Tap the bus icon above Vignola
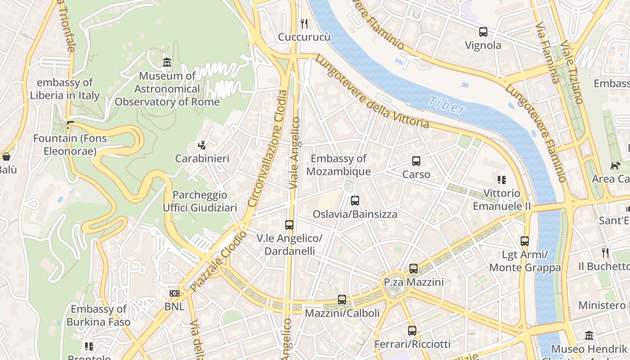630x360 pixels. pyautogui.click(x=483, y=32)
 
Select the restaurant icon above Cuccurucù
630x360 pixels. pyautogui.click(x=304, y=23)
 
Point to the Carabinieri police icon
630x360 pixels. pyautogui.click(x=202, y=145)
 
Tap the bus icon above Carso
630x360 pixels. pyautogui.click(x=416, y=161)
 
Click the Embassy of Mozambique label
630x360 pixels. pyautogui.click(x=338, y=165)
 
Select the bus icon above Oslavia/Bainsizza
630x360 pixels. pyautogui.click(x=355, y=201)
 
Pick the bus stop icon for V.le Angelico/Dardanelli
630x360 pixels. pyautogui.click(x=289, y=225)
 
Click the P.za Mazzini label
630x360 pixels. pyautogui.click(x=414, y=282)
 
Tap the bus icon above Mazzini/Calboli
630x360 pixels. pyautogui.click(x=342, y=300)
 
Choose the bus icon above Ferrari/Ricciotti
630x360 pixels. pyautogui.click(x=412, y=331)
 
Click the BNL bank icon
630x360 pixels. pyautogui.click(x=174, y=293)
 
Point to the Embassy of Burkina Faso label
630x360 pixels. pyautogui.click(x=99, y=315)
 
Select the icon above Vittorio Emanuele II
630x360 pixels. pyautogui.click(x=502, y=180)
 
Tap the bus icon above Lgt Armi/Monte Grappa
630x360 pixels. pyautogui.click(x=525, y=241)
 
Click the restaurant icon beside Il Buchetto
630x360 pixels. pyautogui.click(x=605, y=253)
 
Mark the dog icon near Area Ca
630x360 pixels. pyautogui.click(x=615, y=166)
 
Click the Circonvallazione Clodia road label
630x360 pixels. pyautogui.click(x=267, y=148)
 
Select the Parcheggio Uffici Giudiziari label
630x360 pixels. pyautogui.click(x=200, y=201)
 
